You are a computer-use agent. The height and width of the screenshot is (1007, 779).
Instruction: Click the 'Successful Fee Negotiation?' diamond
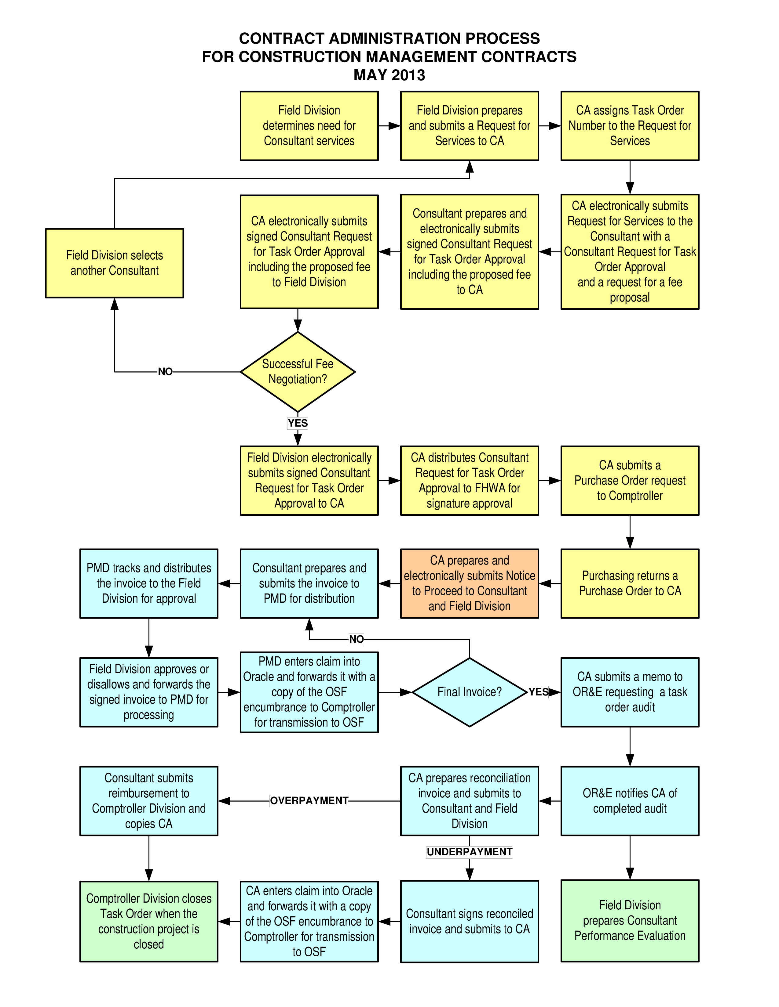[298, 372]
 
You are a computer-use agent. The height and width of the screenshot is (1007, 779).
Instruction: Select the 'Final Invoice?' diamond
[469, 691]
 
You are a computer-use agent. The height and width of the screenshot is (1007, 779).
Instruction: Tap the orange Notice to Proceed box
[469, 583]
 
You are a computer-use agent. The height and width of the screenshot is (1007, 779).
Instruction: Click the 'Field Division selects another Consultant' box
[115, 263]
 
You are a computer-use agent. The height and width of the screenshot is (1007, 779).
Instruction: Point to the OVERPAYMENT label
[309, 800]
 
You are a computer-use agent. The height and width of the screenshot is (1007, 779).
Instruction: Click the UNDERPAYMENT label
[469, 852]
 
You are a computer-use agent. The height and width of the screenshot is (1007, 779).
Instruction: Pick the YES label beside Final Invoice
[538, 691]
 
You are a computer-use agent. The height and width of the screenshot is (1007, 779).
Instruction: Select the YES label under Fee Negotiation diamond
[297, 423]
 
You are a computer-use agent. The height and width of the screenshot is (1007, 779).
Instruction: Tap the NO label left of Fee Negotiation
[165, 372]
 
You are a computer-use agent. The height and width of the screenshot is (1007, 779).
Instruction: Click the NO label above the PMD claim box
[356, 639]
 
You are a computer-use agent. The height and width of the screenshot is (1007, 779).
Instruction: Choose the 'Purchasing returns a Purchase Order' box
[630, 583]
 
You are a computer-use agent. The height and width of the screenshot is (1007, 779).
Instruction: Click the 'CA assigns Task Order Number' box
[630, 125]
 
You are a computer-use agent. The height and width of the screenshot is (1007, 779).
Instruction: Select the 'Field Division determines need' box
[309, 125]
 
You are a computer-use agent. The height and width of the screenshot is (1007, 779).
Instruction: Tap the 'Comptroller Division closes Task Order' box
[148, 921]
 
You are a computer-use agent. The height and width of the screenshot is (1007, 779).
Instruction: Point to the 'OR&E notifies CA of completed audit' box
[630, 800]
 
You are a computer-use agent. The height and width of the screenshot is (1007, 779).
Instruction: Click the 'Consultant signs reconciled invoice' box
[469, 921]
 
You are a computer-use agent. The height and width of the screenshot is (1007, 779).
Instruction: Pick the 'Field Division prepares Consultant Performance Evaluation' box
[630, 920]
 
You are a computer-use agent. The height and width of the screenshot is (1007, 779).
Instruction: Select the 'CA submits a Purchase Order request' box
[630, 480]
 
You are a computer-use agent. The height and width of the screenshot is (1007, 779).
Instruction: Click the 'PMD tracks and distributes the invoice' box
[148, 583]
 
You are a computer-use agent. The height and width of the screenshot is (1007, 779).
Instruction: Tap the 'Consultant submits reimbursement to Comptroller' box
[148, 800]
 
